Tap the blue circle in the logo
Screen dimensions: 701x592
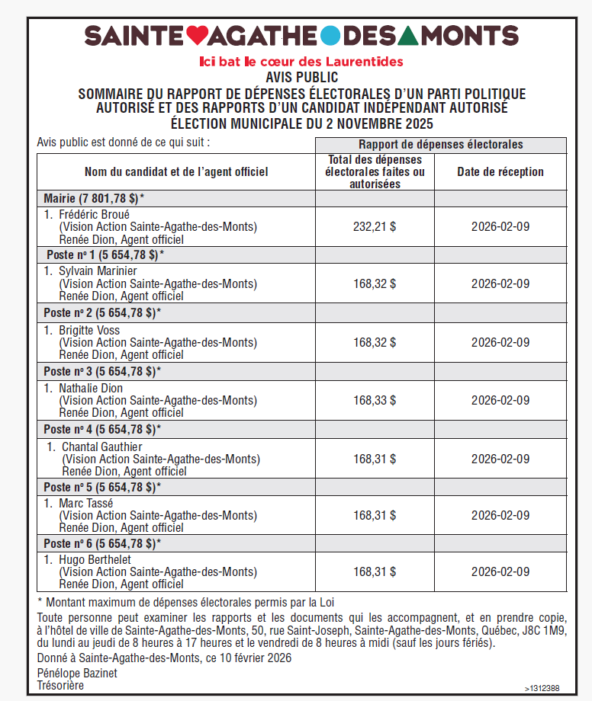pos(330,35)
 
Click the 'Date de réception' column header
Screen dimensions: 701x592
pos(500,171)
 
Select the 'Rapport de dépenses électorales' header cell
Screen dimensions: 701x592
pos(440,145)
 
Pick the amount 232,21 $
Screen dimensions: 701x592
pos(375,226)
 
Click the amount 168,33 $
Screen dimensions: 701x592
pos(375,400)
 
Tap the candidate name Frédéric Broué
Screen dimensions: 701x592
pos(94,215)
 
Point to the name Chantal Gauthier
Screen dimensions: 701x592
pos(101,447)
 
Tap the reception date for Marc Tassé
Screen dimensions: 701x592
pos(500,515)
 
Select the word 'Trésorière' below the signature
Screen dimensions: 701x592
pos(60,685)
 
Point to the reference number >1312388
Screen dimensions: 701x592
pos(542,688)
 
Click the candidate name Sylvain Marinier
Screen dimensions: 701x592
pos(98,271)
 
